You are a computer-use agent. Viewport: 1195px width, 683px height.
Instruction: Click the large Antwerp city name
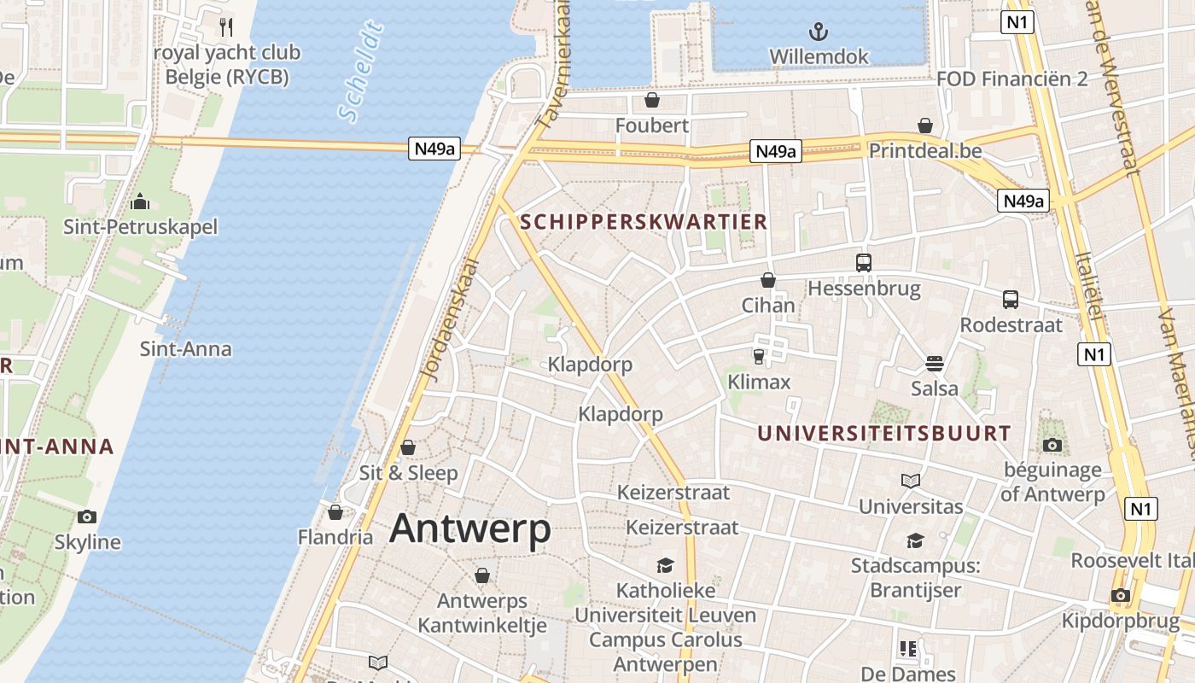point(470,529)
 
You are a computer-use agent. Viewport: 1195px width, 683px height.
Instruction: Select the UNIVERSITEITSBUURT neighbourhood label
point(883,434)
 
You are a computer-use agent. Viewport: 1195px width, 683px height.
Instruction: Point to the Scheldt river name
point(360,73)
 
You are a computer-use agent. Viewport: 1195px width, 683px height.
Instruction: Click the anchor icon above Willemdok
point(819,32)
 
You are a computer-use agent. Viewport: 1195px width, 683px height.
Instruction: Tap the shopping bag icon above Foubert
point(652,101)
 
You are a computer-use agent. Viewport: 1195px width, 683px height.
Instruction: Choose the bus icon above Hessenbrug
point(864,263)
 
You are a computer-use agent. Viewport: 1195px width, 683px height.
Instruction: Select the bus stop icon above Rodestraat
point(1011,300)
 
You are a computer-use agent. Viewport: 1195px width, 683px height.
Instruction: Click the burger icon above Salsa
point(934,364)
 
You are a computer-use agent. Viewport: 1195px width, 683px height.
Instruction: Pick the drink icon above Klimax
point(758,357)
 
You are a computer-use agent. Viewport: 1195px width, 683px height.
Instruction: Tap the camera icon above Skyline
point(86,517)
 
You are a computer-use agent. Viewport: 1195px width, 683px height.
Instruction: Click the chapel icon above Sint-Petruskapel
point(139,202)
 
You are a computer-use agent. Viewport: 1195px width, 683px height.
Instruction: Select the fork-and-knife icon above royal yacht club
point(226,27)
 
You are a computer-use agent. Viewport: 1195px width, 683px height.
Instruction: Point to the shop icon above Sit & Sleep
point(408,447)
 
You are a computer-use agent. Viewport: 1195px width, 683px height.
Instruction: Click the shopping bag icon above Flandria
point(335,512)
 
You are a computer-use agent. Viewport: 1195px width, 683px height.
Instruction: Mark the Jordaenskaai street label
point(452,318)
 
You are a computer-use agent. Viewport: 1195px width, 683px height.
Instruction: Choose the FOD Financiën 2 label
point(1011,79)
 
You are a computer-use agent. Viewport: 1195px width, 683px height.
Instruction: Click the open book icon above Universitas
point(911,482)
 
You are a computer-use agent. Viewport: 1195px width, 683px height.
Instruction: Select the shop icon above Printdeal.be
point(925,126)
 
